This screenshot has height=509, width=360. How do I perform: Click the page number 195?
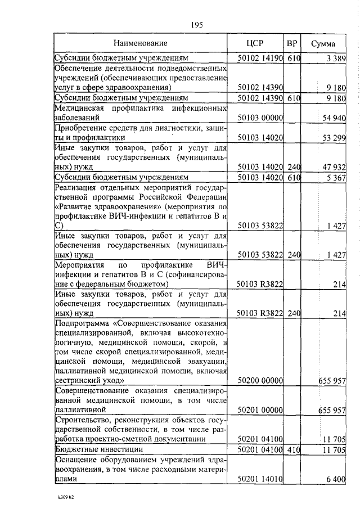[196, 24]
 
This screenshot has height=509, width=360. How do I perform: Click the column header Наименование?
[140, 43]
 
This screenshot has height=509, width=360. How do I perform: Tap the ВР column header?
[292, 43]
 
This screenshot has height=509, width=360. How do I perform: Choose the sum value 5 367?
[335, 177]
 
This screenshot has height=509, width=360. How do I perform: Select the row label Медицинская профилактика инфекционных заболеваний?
[140, 112]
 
